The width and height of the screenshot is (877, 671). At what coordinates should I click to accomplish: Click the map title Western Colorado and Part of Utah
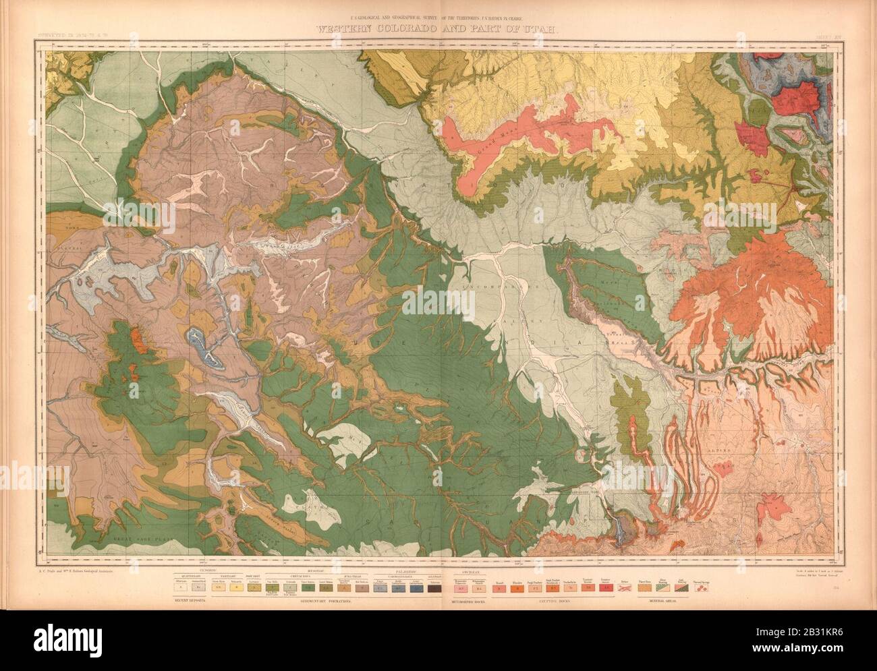tap(438, 29)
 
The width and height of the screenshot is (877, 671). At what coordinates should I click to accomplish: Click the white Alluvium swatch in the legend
tap(180, 587)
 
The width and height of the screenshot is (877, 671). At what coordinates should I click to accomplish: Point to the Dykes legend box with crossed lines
tap(624, 587)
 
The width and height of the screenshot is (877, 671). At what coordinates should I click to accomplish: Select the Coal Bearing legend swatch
tap(681, 587)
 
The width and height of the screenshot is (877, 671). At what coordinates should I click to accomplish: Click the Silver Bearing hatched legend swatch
tap(663, 587)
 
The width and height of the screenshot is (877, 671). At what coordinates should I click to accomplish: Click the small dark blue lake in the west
tap(206, 347)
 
